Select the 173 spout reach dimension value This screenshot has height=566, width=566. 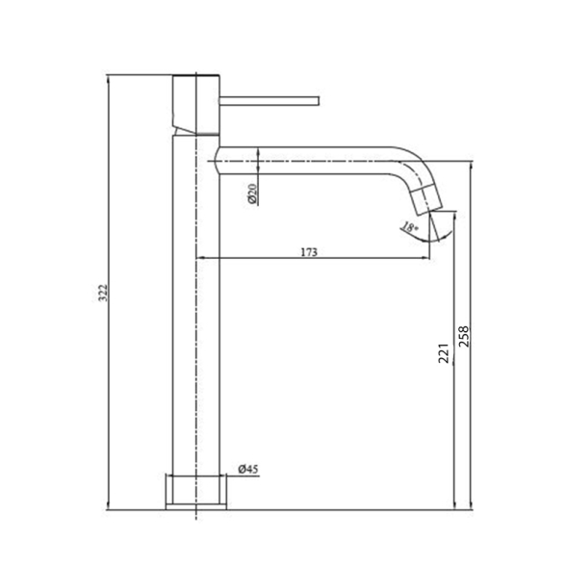[x=308, y=252]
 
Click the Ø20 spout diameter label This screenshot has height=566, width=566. [x=251, y=193]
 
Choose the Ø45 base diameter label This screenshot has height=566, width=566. [x=248, y=470]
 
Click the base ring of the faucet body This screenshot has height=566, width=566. [x=196, y=492]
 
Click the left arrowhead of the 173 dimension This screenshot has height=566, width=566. [x=200, y=258]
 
